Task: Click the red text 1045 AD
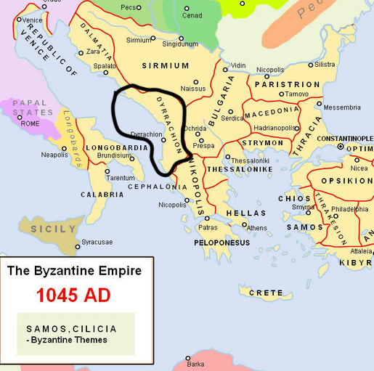point(79,296)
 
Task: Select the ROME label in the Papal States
point(31,123)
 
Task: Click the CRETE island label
point(266,293)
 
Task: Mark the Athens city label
point(257,228)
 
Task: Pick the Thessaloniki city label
point(250,160)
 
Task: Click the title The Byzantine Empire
point(79,272)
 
